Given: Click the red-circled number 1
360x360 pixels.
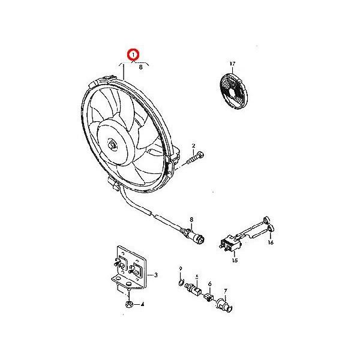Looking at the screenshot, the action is [x=133, y=55].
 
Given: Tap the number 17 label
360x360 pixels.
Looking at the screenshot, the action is [x=232, y=64].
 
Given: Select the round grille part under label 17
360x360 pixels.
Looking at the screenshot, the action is [x=234, y=91].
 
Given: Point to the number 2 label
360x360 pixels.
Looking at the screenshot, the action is [x=194, y=146].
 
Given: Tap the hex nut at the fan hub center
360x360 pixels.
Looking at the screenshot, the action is [x=113, y=145].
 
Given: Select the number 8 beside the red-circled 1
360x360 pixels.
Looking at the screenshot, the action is [x=141, y=67].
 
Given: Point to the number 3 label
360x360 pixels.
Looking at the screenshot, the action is [x=155, y=275].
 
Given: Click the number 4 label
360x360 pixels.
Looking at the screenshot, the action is [x=142, y=304].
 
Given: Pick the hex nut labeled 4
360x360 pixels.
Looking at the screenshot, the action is [x=129, y=304].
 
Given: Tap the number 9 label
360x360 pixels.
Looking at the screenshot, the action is [x=181, y=268].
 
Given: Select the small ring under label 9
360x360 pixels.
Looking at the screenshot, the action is [x=181, y=283].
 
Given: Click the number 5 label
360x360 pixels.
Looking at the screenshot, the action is [x=197, y=277].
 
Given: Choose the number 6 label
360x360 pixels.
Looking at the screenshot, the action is [x=209, y=284].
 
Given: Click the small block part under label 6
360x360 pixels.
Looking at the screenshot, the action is [x=208, y=298].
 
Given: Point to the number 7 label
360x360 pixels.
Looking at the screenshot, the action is [x=226, y=290].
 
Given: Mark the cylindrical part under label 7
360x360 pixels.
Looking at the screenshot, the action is [x=224, y=305].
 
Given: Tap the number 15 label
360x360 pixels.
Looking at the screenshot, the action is [x=235, y=260].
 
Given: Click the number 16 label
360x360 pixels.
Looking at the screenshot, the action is [x=271, y=242].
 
